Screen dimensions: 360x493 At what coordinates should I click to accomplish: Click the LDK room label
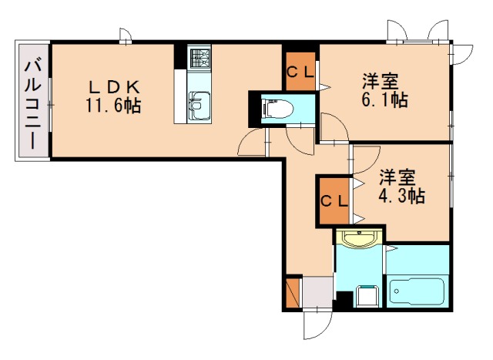[x=112, y=85]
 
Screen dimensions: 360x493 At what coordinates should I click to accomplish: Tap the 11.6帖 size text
[x=112, y=105]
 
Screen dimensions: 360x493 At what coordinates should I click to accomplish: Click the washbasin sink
[x=358, y=238]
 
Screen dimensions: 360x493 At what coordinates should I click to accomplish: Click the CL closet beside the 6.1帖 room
[x=300, y=71]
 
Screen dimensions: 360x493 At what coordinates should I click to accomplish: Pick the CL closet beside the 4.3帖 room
[x=334, y=202]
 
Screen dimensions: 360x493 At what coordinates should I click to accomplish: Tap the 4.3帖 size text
[x=401, y=196]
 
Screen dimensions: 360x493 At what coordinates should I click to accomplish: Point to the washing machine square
[x=366, y=295]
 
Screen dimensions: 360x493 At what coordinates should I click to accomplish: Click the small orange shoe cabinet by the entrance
[x=291, y=292]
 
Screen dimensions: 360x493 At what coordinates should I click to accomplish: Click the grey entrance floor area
[x=314, y=292]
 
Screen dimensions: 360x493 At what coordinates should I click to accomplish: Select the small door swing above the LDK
[x=125, y=35]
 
